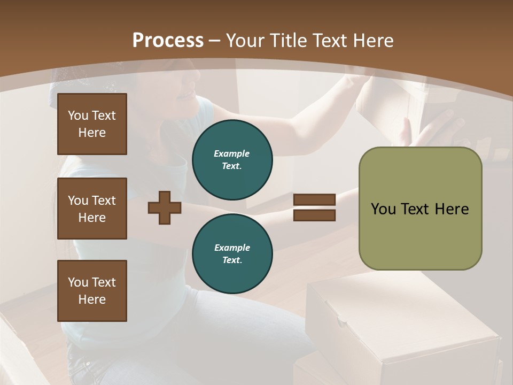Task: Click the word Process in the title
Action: point(168,41)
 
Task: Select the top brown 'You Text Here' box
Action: point(92,124)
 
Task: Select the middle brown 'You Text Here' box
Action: point(92,209)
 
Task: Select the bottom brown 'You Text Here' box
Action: point(92,291)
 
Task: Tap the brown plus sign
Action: point(165,207)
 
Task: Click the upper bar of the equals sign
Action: point(315,199)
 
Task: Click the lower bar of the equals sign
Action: point(315,215)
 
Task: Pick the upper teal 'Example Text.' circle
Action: point(232,160)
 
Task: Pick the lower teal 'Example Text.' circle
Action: point(232,254)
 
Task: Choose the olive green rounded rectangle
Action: point(420,209)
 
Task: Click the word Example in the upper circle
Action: point(232,153)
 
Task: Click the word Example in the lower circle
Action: point(232,248)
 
